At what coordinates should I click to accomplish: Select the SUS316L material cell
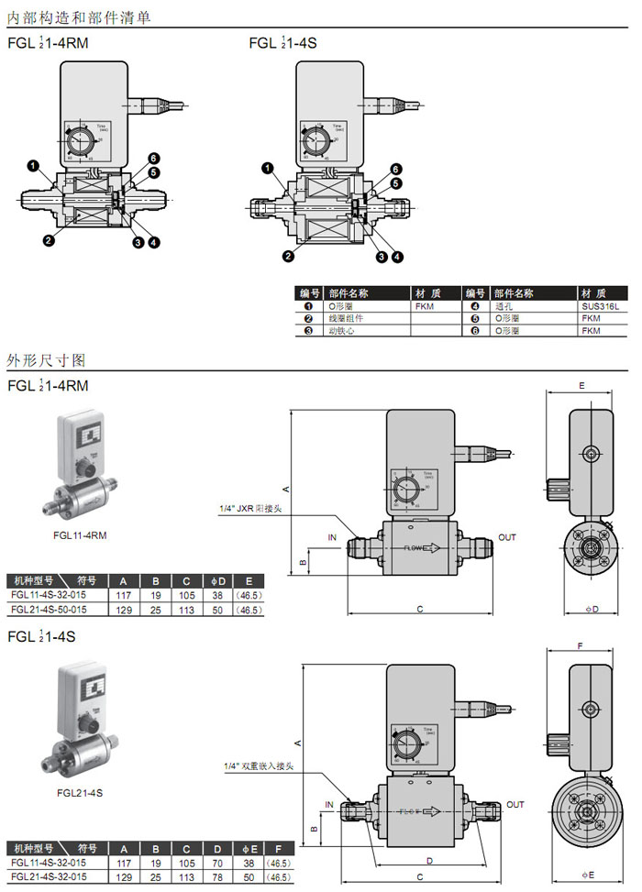(600, 306)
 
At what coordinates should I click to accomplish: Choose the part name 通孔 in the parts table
(503, 306)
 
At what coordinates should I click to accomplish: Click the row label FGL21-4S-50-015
(49, 610)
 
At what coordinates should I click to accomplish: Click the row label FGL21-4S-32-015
(49, 875)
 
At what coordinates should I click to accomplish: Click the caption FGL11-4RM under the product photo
(80, 535)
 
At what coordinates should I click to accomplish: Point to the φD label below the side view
(592, 609)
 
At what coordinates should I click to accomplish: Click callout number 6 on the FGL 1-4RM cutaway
(155, 158)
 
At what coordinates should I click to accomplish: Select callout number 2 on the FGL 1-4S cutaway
(288, 256)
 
